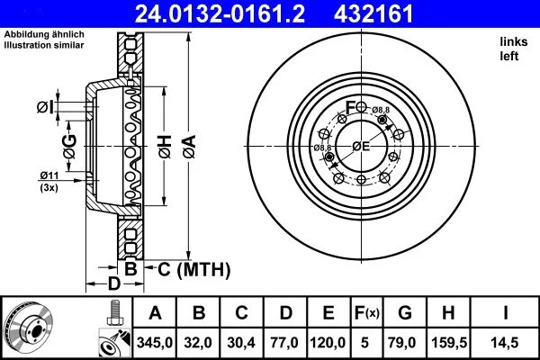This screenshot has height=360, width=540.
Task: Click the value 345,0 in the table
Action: [155, 342]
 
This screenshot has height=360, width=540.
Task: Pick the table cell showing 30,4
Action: [242, 342]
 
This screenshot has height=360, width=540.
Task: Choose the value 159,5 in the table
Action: [450, 342]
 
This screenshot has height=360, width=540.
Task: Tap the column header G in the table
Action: [406, 314]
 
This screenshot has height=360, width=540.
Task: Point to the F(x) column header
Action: [368, 314]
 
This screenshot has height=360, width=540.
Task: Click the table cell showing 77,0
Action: [285, 342]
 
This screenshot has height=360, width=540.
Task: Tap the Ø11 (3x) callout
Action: [49, 180]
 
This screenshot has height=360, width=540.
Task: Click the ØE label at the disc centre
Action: [361, 146]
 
